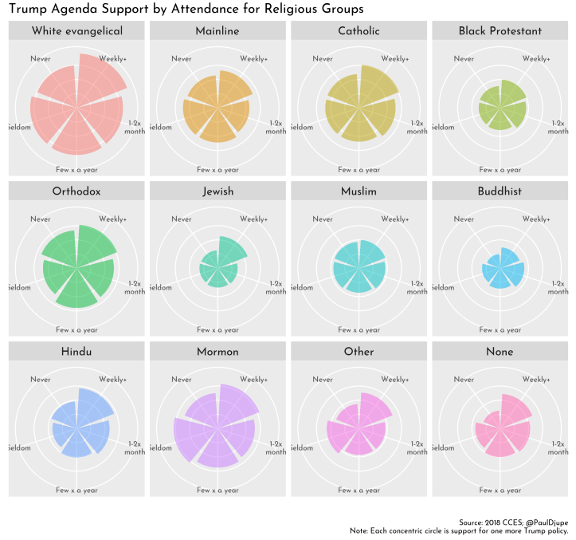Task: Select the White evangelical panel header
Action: [76, 31]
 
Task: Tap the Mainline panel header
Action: [217, 31]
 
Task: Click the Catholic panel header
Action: [359, 31]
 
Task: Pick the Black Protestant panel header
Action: [500, 31]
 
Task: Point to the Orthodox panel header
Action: [76, 191]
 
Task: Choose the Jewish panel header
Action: [217, 191]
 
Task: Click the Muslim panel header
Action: [359, 191]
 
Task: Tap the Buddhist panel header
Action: [500, 191]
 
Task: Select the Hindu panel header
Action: [76, 352]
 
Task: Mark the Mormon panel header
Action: [217, 352]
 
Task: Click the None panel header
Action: [500, 352]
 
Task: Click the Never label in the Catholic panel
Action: [323, 59]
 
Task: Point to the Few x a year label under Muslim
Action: [359, 330]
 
